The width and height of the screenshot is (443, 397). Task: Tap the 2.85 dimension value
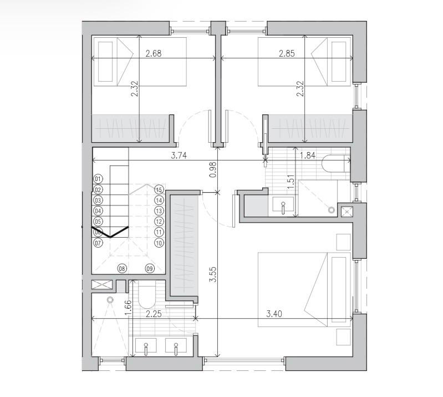click(286, 54)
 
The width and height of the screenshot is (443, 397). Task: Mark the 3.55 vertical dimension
click(213, 276)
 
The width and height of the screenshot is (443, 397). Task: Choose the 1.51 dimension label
click(289, 182)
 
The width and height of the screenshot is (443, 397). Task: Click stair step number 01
click(98, 179)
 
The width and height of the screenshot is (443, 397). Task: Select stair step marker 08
click(122, 269)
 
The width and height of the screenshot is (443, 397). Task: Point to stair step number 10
click(159, 243)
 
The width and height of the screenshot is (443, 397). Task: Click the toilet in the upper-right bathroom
click(335, 165)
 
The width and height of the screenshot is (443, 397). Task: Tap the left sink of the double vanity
click(146, 347)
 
